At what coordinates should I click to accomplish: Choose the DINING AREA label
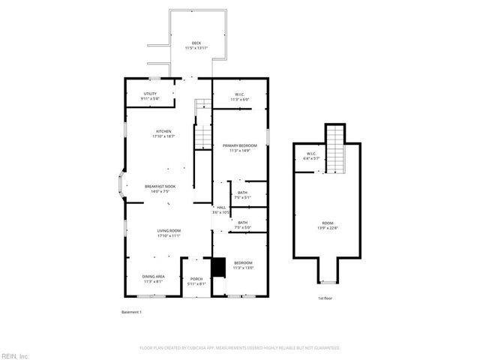[x=154, y=279]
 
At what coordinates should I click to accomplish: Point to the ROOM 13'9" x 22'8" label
[x=328, y=226]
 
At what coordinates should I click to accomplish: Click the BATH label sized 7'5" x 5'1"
[x=243, y=195]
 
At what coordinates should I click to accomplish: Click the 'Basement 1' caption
[x=131, y=311]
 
